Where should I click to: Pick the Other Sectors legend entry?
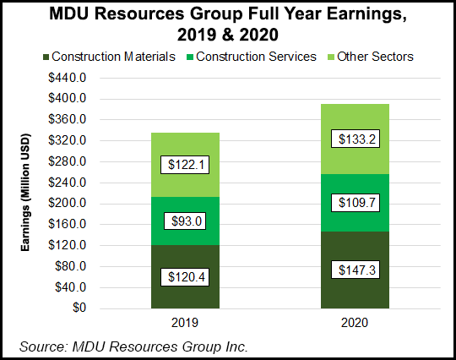(372, 57)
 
